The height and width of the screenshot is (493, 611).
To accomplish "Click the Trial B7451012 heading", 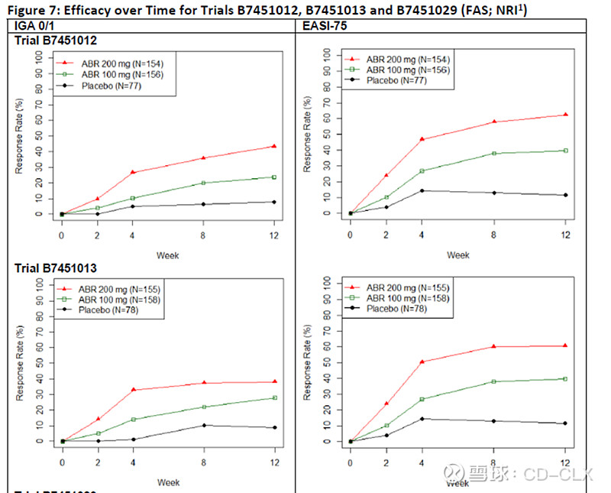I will tap(57, 40).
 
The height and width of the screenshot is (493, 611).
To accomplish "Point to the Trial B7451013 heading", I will tap(57, 268).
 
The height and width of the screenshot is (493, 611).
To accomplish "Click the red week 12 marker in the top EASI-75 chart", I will tap(565, 115).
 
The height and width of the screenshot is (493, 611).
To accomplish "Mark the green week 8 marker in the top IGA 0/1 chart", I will tap(203, 183).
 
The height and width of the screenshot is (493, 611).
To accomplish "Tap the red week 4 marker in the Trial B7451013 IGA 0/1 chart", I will tap(134, 390).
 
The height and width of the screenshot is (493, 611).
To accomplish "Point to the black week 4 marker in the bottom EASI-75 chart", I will tap(422, 418).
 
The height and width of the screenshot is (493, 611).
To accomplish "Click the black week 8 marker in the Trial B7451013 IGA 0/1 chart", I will tap(203, 425).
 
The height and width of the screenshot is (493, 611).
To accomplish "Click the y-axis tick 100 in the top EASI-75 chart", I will tap(326, 54).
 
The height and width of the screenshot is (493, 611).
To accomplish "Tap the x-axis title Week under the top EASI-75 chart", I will tap(457, 255).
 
